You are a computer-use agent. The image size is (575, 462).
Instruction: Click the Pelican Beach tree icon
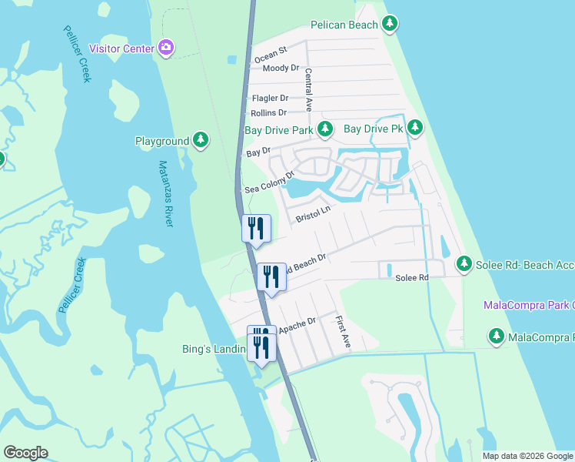pyautogui.click(x=391, y=25)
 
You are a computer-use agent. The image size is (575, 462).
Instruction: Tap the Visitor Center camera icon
pyautogui.click(x=166, y=48)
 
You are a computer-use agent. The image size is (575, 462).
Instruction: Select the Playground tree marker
pyautogui.click(x=201, y=140)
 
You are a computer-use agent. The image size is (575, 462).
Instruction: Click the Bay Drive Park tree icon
pyautogui.click(x=325, y=129)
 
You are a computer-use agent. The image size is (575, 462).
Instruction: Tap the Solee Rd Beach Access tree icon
pyautogui.click(x=464, y=264)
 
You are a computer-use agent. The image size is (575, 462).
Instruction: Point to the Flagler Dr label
pyautogui.click(x=270, y=98)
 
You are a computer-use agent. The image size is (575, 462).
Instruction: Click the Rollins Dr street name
pyautogui.click(x=268, y=112)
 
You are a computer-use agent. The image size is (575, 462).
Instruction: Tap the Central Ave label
pyautogui.click(x=308, y=88)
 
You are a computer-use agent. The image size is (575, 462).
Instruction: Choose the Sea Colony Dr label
pyautogui.click(x=270, y=182)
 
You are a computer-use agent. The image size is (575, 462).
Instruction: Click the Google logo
pyautogui.click(x=25, y=452)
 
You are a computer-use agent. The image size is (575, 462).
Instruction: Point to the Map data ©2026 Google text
pyautogui.click(x=527, y=456)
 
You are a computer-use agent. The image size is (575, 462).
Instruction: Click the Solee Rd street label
pyautogui.click(x=412, y=277)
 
